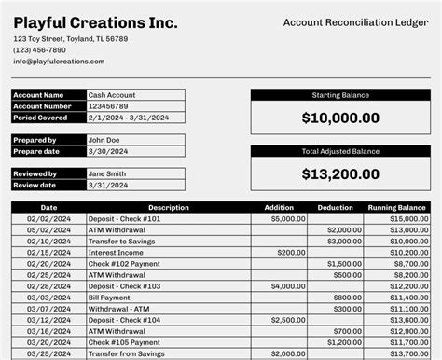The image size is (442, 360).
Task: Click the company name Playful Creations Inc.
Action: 96,23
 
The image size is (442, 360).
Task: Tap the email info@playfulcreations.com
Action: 59,62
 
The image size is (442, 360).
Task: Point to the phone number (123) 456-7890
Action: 40,50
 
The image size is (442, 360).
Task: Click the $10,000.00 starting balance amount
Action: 340,118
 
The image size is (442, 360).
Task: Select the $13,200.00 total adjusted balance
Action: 340,173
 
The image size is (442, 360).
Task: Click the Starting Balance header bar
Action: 340,95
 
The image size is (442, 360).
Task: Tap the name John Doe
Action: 104,140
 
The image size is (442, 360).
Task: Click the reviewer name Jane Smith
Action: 107,173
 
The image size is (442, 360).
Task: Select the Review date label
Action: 37,185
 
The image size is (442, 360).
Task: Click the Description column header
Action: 168,208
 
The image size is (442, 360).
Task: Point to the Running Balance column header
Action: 396,208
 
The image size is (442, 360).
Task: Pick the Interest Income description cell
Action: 117,252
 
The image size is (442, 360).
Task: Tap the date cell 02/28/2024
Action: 48,286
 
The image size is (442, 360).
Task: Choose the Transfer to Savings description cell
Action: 122,241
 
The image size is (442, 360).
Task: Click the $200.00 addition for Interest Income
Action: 291,252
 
